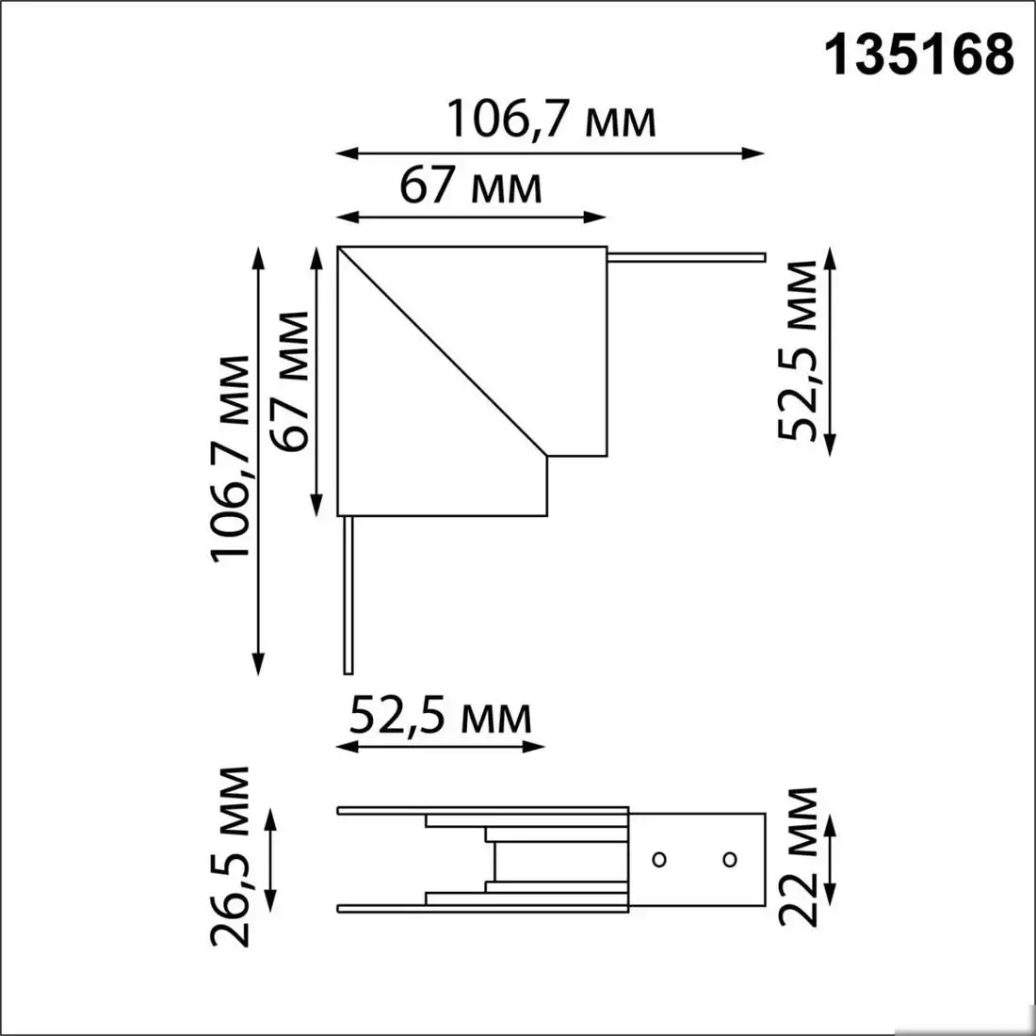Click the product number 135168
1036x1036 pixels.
pos(920,56)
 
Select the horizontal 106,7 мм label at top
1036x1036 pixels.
pos(550,121)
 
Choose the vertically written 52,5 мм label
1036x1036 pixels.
pos(797,350)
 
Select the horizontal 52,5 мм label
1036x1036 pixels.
pos(440,718)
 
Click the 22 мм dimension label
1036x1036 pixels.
pos(797,857)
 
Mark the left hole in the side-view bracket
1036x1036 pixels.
pos(660,858)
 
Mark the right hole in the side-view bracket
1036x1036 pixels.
pos(729,858)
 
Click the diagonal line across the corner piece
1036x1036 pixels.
pos(443,353)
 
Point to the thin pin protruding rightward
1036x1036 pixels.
pos(688,255)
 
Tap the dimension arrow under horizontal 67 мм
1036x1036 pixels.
pos(471,218)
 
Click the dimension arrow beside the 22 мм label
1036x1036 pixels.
pos(830,857)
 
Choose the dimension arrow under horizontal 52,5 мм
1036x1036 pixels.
pos(440,747)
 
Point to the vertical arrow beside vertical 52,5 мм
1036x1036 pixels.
pos(830,350)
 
